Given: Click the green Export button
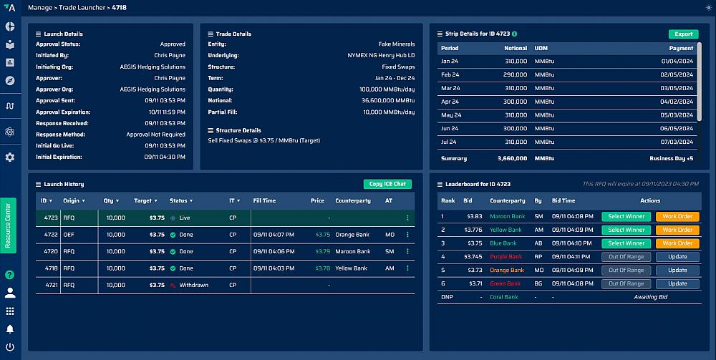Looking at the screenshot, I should [x=683, y=34].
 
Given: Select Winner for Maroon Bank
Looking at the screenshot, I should [x=626, y=216].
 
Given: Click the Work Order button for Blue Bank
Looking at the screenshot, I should [x=677, y=243].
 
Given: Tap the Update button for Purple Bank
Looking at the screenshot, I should [x=677, y=257].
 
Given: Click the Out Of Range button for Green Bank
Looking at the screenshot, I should [x=626, y=283].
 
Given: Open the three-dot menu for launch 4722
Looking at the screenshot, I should [x=407, y=234].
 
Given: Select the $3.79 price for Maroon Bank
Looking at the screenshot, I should [x=323, y=251].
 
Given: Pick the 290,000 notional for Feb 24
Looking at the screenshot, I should [x=513, y=74].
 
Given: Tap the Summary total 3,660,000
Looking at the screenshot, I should [x=512, y=158].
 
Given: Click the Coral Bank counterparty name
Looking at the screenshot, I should [x=503, y=297].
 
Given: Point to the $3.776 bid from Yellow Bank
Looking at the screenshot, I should [x=473, y=230].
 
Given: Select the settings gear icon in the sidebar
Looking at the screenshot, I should [x=10, y=157].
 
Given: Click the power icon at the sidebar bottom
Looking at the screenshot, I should [x=10, y=347].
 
